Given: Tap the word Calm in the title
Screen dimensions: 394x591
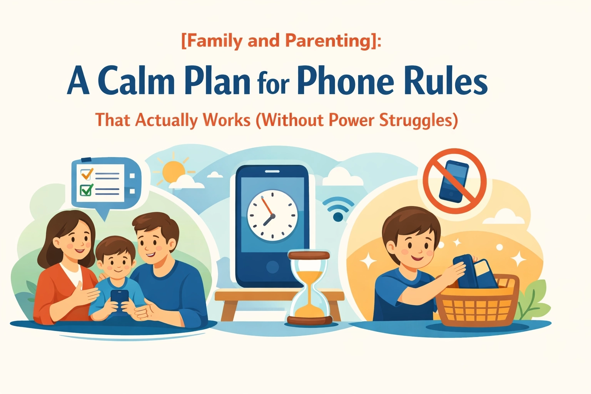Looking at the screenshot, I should pos(136,82).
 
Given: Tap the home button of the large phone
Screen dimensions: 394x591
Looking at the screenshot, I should pos(272,267).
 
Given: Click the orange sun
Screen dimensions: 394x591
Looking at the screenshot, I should pos(174,172).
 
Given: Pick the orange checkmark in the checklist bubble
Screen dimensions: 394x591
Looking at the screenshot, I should pos(86,174).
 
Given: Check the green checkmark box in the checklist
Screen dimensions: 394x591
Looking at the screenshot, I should pos(86,190).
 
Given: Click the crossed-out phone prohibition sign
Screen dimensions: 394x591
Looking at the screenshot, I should pos(454,181).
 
